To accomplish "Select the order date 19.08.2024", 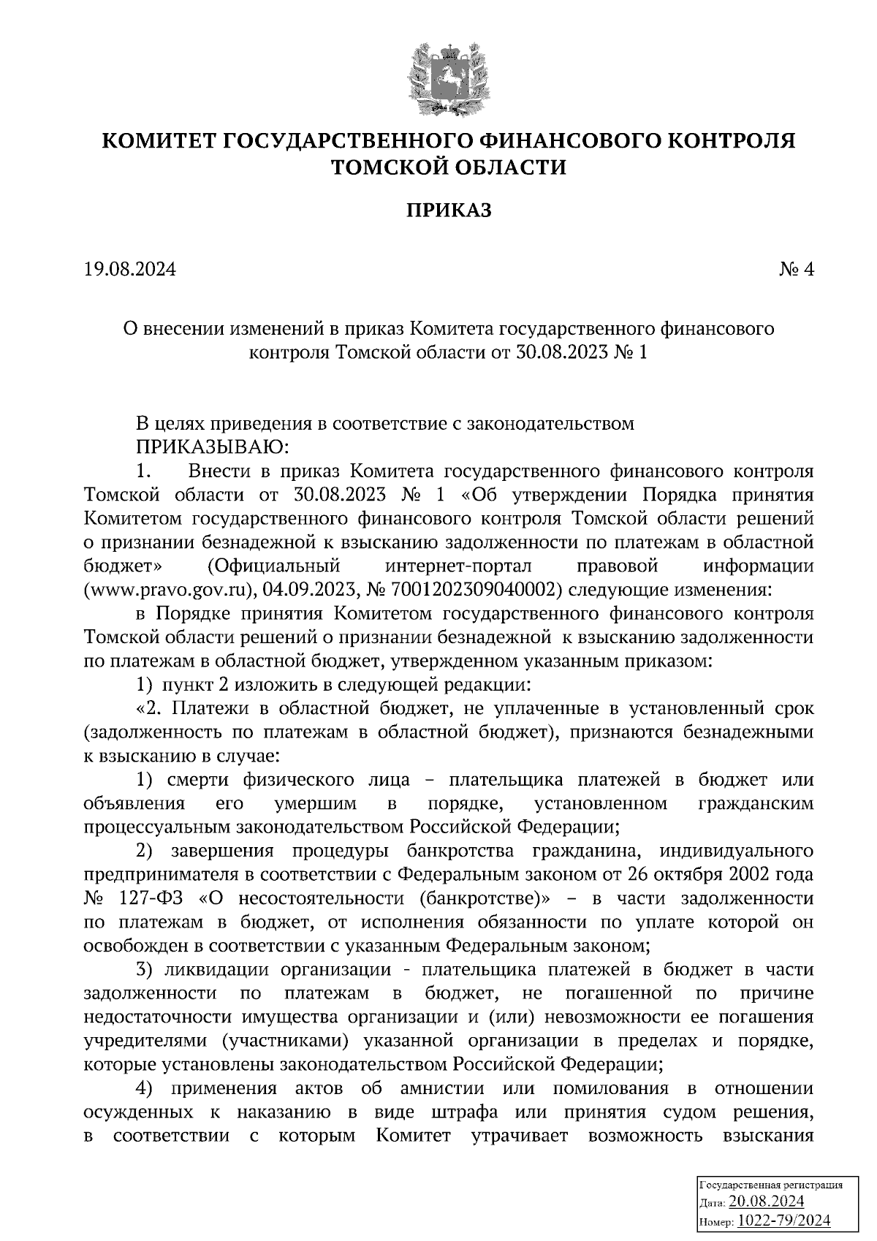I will (130, 270).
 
